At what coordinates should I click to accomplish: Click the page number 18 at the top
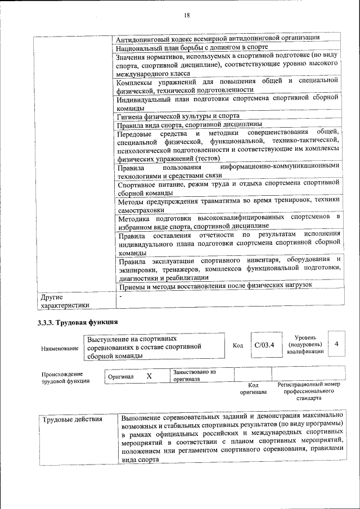pos(186,15)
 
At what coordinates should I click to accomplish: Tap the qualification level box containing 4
pos(336,344)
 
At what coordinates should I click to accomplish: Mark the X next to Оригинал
pos(148,375)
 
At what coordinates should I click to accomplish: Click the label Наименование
pos(60,349)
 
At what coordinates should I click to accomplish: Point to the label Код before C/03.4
pos(237,345)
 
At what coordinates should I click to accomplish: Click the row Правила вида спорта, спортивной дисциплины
pos(189,124)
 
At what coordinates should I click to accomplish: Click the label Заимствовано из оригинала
pos(194,375)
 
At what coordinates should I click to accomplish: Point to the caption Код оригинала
pos(253,388)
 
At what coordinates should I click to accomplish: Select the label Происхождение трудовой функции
pos(62,378)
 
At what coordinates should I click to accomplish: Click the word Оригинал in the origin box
pos(120,376)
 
